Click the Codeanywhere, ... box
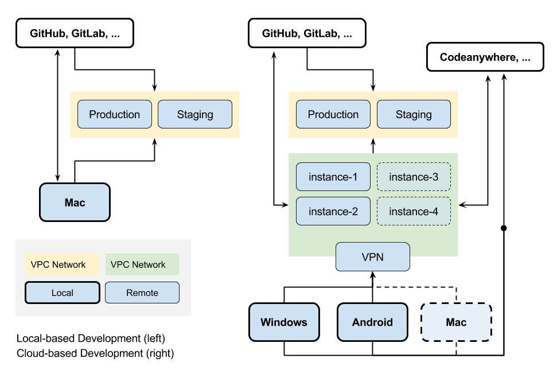pos(485,57)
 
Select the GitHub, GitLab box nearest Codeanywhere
pos(307,33)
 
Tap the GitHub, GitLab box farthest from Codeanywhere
pos(75,33)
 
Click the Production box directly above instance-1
pos(333,115)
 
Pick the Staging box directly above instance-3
pos(414,115)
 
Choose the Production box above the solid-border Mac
pos(115,115)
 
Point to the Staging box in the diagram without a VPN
pos(195,115)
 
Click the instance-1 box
pos(333,177)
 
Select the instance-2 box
pos(333,212)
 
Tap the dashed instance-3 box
pos(414,177)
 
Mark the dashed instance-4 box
pos(414,212)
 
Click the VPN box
pos(372,257)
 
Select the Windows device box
pos(284,322)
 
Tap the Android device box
pos(372,322)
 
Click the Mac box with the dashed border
pos(456,322)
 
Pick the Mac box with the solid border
pos(75,202)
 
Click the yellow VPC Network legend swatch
pos(62,264)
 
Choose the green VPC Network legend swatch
pos(142,264)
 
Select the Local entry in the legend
pos(63,293)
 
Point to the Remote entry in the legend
pos(142,293)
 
